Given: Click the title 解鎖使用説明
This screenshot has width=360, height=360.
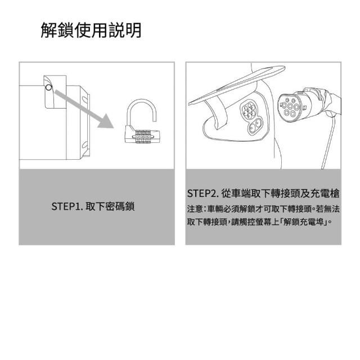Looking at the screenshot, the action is click(91, 30).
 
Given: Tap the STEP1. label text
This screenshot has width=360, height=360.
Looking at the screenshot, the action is click(67, 206).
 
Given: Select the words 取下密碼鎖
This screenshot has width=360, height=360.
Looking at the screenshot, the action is click(110, 206).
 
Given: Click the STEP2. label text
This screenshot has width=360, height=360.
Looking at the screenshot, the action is click(202, 193).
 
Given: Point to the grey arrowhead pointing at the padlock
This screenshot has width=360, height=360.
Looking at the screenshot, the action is click(106, 121).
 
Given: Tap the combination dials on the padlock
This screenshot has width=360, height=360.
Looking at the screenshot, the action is click(142, 137).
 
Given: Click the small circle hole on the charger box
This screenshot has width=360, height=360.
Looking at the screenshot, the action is click(48, 88).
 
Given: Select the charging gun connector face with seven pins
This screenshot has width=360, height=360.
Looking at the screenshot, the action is click(290, 106).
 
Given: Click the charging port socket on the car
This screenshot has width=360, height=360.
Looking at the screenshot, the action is click(251, 117).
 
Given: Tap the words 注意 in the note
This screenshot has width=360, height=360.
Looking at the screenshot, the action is click(195, 209).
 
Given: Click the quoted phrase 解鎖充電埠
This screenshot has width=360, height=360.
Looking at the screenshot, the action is click(303, 222).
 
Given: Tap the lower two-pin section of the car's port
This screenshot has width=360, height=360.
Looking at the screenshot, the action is click(255, 125).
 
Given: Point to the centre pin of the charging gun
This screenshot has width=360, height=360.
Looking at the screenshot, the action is click(290, 106).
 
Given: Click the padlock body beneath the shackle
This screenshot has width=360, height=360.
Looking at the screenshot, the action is click(142, 136).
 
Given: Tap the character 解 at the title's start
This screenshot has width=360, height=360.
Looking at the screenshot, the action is click(49, 30).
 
